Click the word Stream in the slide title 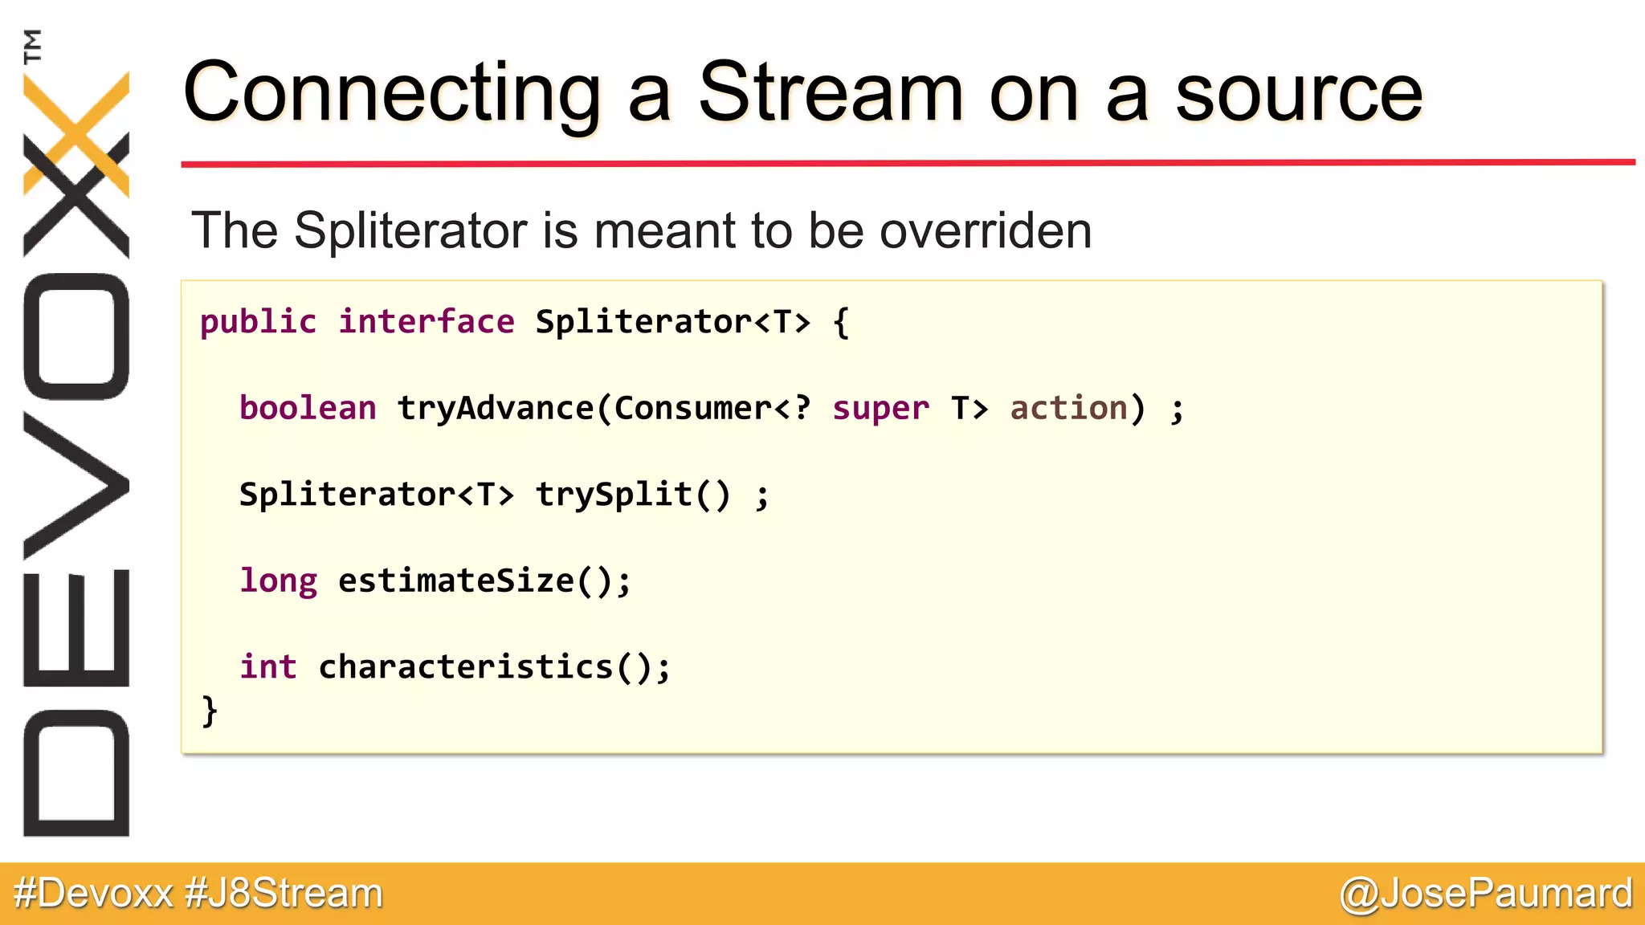point(831,93)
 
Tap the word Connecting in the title point(392,95)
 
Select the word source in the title point(1299,95)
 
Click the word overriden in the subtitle point(986,231)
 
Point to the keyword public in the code point(258,323)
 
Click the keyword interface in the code point(426,323)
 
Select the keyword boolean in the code point(308,409)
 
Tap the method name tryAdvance point(495,409)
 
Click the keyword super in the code point(880,409)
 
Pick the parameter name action point(1068,409)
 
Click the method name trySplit point(614,495)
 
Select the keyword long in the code point(278,581)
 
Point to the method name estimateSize point(455,581)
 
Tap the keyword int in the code point(268,667)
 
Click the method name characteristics point(465,667)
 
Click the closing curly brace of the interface point(210,711)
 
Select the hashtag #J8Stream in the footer point(284,894)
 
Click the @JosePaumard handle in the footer point(1486,894)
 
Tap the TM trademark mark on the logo point(32,46)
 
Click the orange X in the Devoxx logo point(76,132)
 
